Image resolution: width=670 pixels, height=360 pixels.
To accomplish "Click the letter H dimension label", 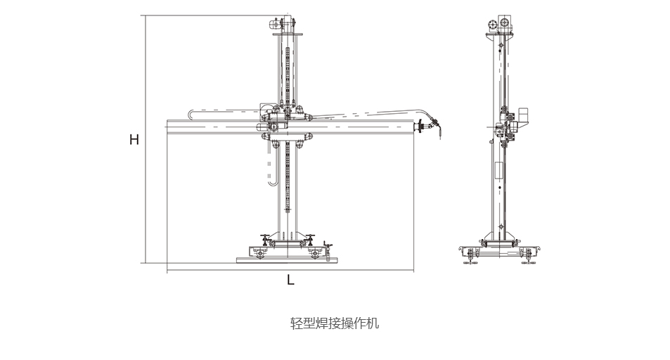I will (x=134, y=140).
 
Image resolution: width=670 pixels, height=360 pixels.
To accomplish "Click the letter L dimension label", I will (x=290, y=280).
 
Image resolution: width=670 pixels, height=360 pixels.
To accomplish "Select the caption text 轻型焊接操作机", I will (x=335, y=323).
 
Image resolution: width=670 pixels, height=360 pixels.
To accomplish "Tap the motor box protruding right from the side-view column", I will (x=522, y=119).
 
